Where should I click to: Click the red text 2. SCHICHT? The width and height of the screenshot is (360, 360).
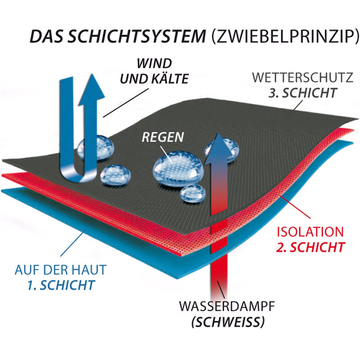pos(312,247)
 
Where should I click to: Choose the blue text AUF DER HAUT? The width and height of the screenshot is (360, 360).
pos(61,270)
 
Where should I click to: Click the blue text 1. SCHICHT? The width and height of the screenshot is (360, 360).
pos(67,285)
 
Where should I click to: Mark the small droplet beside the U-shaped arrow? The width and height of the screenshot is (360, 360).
pos(114,174)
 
